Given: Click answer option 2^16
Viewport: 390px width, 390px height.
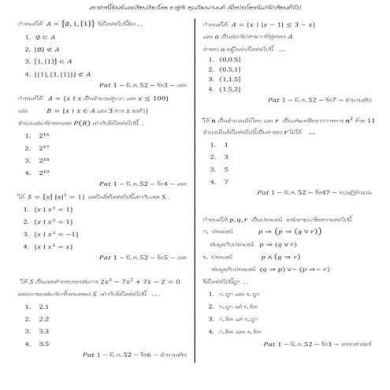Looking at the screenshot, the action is tap(43, 136).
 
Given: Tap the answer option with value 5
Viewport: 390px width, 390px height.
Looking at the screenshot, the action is tap(225, 169).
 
